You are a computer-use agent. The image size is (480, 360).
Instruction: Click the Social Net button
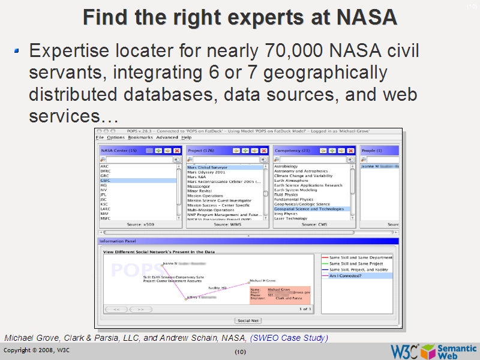tap(248, 321)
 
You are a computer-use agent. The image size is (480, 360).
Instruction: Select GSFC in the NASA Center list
tap(106, 180)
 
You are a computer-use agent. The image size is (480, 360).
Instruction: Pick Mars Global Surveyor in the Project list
tap(207, 167)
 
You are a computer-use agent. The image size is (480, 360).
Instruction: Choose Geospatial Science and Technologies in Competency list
tap(309, 209)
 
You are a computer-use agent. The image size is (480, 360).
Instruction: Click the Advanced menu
tap(167, 137)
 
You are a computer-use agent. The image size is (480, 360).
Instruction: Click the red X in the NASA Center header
tap(176, 151)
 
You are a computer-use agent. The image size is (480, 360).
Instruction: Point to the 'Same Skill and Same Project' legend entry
tap(356, 263)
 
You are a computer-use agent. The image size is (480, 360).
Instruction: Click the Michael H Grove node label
tap(262, 280)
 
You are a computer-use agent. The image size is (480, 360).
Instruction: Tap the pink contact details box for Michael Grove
tap(280, 294)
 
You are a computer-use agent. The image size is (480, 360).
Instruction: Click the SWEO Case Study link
tap(289, 338)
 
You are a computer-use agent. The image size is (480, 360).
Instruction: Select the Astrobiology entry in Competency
tap(286, 166)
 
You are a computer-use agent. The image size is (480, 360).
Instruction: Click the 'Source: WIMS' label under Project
tap(224, 224)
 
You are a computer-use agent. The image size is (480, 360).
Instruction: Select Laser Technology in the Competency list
tap(291, 218)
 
